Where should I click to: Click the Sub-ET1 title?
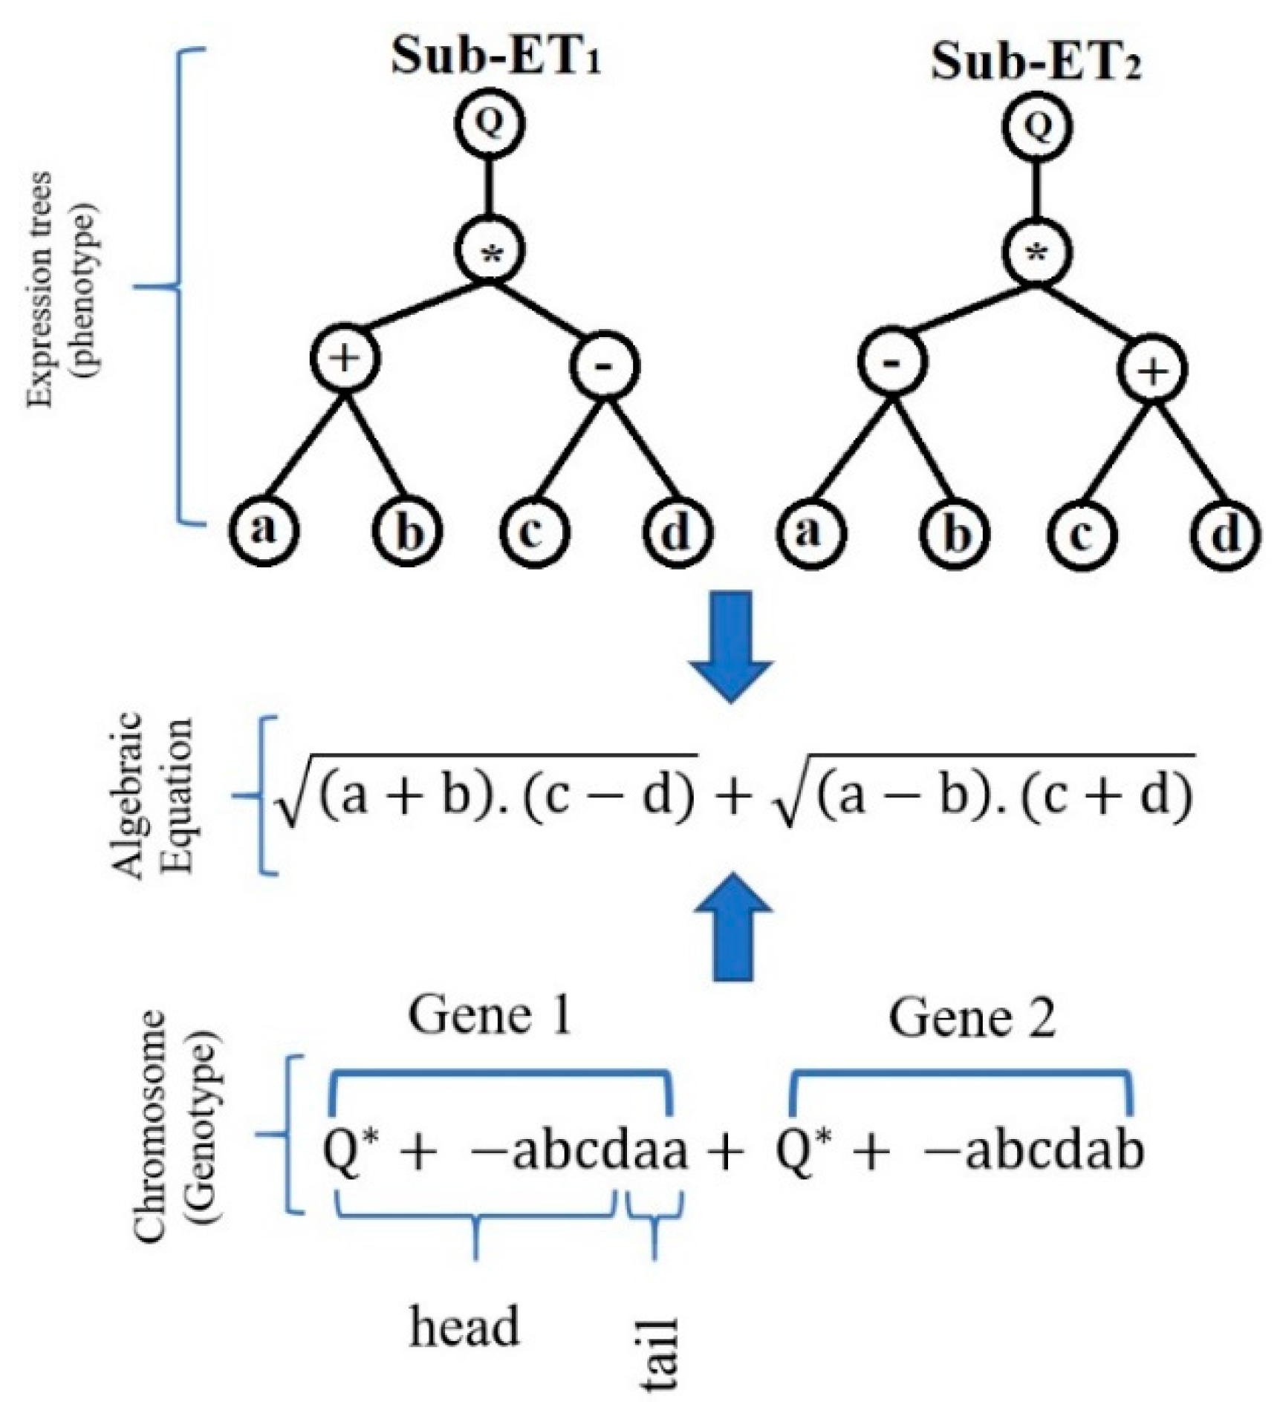[496, 58]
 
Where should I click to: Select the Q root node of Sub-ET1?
[490, 124]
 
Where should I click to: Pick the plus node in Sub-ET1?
[345, 359]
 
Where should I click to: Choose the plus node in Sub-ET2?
[1153, 369]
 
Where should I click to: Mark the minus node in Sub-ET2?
[894, 362]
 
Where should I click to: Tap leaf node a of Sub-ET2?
[810, 532]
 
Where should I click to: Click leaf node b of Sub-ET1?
[407, 532]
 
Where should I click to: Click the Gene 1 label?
[490, 1016]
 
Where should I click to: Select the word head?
[464, 1327]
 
